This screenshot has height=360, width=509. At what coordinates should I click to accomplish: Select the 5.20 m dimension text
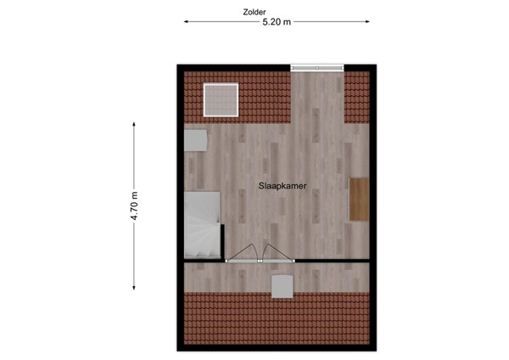pos(277,24)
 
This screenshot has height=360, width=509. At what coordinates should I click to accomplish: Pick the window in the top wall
pos(317,67)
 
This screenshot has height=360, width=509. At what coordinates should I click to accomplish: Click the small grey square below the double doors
pos(281,285)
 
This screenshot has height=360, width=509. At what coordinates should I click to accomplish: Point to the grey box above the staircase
pos(195,139)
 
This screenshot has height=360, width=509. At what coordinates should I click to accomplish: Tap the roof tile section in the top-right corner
pos(357,95)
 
